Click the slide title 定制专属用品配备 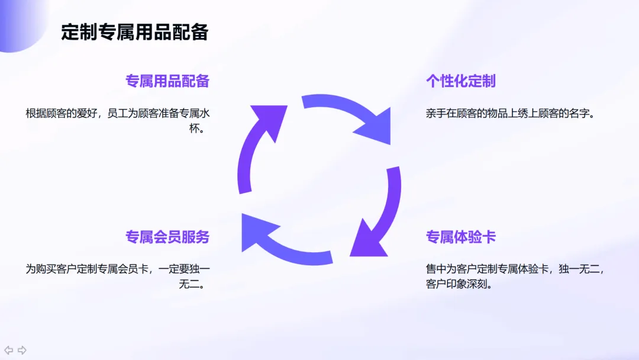click(135, 32)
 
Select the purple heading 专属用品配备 click(167, 81)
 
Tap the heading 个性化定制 click(461, 81)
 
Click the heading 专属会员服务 click(167, 237)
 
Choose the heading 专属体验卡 click(461, 237)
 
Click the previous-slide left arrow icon click(9, 350)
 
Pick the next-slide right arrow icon click(22, 350)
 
